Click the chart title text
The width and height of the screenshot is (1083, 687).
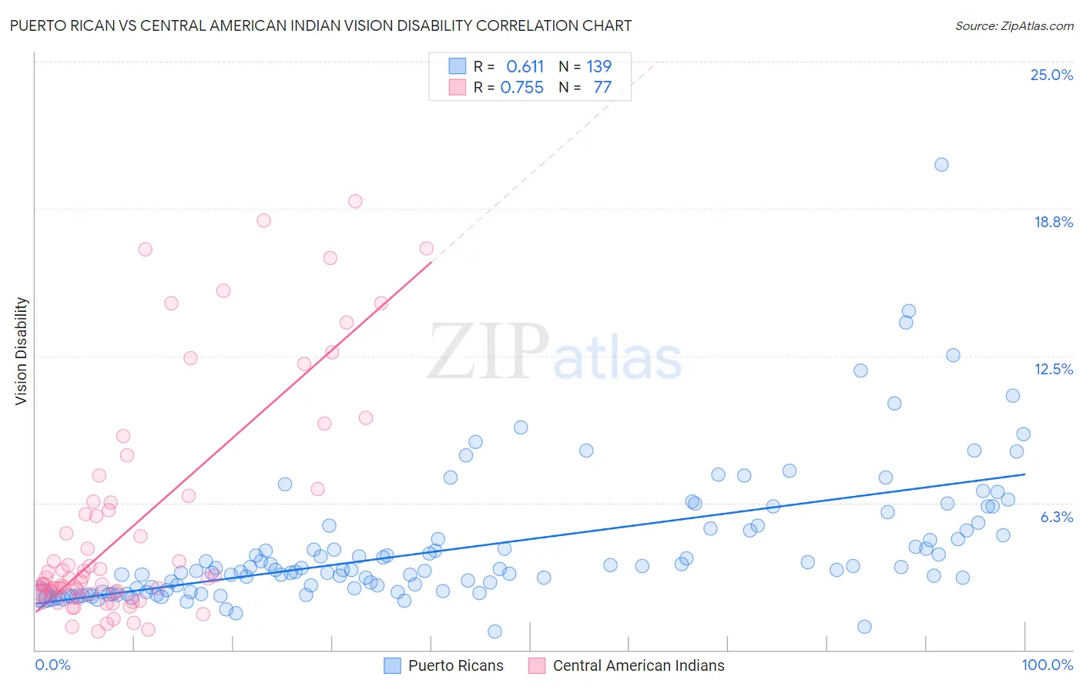(x=320, y=26)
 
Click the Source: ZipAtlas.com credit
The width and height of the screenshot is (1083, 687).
(x=1014, y=26)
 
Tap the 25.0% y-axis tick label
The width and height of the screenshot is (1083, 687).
(x=1051, y=75)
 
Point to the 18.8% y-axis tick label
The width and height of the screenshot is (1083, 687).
(x=1053, y=222)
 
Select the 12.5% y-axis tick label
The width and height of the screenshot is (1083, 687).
(x=1053, y=369)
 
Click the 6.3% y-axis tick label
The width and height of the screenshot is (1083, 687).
(x=1056, y=517)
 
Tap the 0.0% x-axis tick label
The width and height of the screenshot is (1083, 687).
(x=52, y=665)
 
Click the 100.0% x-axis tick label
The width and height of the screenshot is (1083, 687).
(x=1047, y=665)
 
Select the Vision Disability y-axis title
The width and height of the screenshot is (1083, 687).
(x=22, y=351)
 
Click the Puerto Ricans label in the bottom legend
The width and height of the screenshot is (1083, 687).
(x=455, y=665)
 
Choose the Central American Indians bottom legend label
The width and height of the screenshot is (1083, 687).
(x=639, y=665)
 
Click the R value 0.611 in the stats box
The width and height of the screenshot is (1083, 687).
(x=525, y=67)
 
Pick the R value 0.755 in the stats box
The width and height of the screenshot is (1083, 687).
(x=522, y=88)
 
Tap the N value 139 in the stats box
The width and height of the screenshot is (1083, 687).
(x=598, y=67)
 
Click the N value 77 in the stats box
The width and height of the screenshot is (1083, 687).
(x=602, y=88)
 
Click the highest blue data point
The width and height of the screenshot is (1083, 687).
(x=941, y=164)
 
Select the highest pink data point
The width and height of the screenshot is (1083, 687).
(x=355, y=201)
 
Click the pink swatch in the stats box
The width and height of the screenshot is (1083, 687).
(x=458, y=87)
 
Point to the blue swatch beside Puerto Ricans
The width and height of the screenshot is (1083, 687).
(x=393, y=665)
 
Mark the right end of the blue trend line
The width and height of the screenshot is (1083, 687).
(x=1025, y=474)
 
